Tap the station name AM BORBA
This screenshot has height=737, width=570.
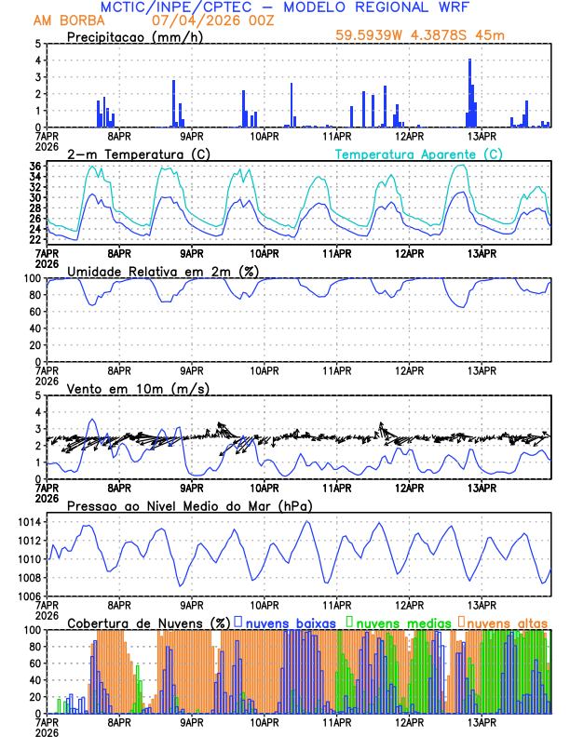(69, 20)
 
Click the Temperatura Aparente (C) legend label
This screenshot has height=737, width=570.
(418, 154)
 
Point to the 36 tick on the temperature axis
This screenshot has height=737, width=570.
(34, 167)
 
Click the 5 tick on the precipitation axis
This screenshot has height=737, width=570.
(37, 44)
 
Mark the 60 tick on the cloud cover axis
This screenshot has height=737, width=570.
(33, 663)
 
